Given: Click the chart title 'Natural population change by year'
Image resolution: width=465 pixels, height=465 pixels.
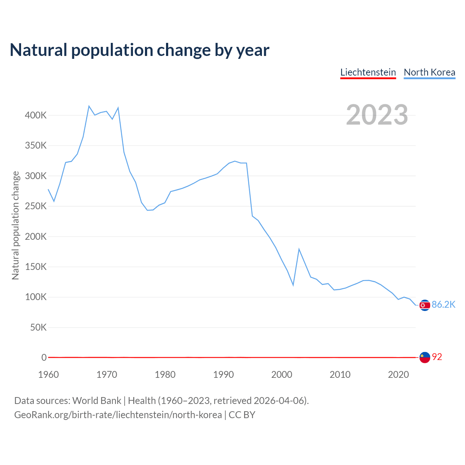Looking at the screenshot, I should [x=139, y=50].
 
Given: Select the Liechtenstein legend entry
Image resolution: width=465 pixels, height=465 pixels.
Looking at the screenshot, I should [x=368, y=72].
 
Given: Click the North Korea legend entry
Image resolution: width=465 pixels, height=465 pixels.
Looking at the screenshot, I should [x=429, y=72].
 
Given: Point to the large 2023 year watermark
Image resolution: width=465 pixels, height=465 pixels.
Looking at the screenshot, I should [x=377, y=115].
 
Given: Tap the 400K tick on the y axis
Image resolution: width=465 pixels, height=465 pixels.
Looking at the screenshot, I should [x=36, y=116].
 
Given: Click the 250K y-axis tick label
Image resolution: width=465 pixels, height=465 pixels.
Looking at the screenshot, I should [x=36, y=206].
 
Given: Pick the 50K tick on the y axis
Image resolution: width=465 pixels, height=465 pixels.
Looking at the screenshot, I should [x=38, y=328].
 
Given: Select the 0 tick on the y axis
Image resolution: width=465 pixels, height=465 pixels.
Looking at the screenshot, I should [x=44, y=358].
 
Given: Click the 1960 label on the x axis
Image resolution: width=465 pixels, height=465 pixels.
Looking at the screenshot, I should [x=48, y=375].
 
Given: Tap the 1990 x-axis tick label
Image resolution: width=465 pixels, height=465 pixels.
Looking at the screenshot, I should [x=223, y=375].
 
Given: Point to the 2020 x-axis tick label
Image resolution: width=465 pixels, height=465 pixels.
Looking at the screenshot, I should [x=398, y=375].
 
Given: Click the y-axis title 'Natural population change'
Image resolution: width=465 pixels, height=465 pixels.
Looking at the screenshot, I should [x=16, y=225].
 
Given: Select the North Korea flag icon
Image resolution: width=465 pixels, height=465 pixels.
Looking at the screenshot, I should [x=424, y=306].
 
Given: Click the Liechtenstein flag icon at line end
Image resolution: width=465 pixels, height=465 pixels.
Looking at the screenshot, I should [x=424, y=357].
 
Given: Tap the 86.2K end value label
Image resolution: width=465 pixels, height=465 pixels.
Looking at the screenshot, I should [x=444, y=305].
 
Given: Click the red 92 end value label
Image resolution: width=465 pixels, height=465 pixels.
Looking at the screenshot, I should [x=437, y=357].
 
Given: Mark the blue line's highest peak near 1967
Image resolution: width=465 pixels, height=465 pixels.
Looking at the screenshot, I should [x=89, y=106].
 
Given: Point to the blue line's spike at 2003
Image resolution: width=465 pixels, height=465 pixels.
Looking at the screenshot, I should [x=299, y=249].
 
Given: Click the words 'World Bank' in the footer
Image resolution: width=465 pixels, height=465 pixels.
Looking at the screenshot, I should [x=97, y=401].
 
